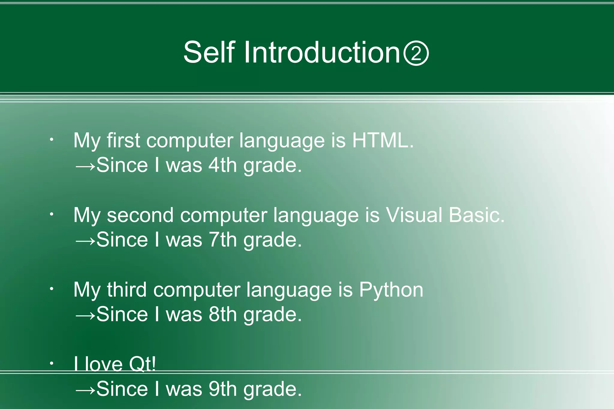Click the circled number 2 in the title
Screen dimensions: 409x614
pos(416,53)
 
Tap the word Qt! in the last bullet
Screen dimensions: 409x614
pos(142,364)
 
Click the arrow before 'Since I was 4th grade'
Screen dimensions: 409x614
pos(85,166)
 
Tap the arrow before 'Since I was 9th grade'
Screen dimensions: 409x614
pos(85,390)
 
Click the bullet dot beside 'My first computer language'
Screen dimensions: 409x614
pos(52,140)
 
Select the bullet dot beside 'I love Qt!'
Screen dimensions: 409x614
pos(52,363)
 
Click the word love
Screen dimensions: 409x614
pos(104,364)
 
